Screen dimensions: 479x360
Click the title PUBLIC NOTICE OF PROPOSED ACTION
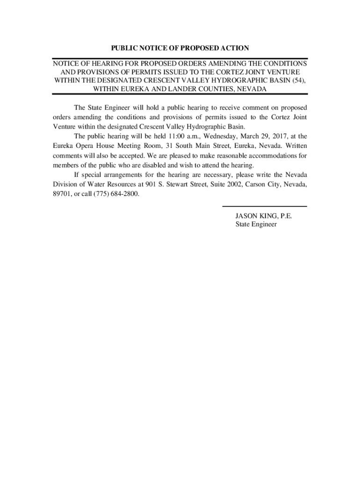[180, 48]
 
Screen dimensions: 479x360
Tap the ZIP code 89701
[62, 194]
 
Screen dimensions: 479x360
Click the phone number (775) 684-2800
[116, 194]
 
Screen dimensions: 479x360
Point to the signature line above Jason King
[264, 206]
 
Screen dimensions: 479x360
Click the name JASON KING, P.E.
[264, 216]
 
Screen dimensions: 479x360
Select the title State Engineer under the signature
[256, 225]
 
